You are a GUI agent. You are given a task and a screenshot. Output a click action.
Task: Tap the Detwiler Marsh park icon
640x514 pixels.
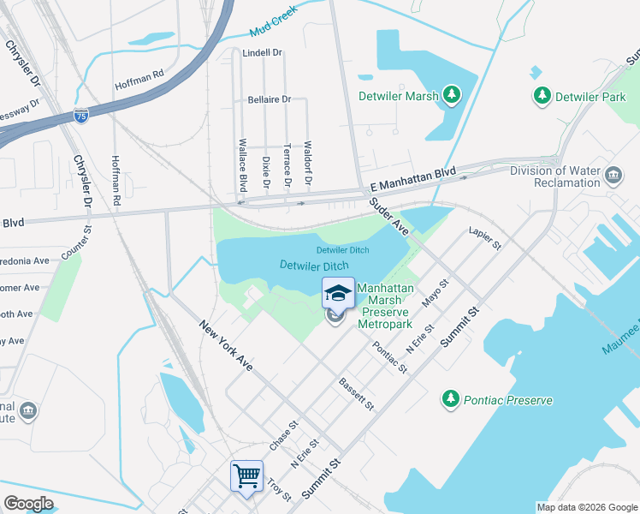(451, 95)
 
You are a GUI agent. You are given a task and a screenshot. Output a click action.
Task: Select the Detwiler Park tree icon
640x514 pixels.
(541, 96)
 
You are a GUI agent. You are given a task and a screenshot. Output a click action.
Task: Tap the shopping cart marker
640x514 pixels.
(246, 475)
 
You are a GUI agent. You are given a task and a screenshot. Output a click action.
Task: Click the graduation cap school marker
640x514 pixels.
(338, 294)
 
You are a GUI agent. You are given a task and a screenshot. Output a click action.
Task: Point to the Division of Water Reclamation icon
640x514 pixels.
(613, 176)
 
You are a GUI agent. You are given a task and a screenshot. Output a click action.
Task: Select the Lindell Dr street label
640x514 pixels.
(262, 53)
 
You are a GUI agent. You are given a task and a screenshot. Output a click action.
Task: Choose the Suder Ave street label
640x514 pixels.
(389, 217)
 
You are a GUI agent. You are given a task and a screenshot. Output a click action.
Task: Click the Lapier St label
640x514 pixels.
(484, 239)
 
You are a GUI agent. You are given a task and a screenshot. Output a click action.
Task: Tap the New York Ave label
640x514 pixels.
(227, 345)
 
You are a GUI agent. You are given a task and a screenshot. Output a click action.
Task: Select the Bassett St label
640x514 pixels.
(357, 393)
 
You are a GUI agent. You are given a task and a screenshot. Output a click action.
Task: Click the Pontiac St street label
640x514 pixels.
(390, 356)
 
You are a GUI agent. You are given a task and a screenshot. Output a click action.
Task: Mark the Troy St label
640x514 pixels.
(280, 490)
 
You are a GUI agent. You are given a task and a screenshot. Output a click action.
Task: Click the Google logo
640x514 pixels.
(28, 504)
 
